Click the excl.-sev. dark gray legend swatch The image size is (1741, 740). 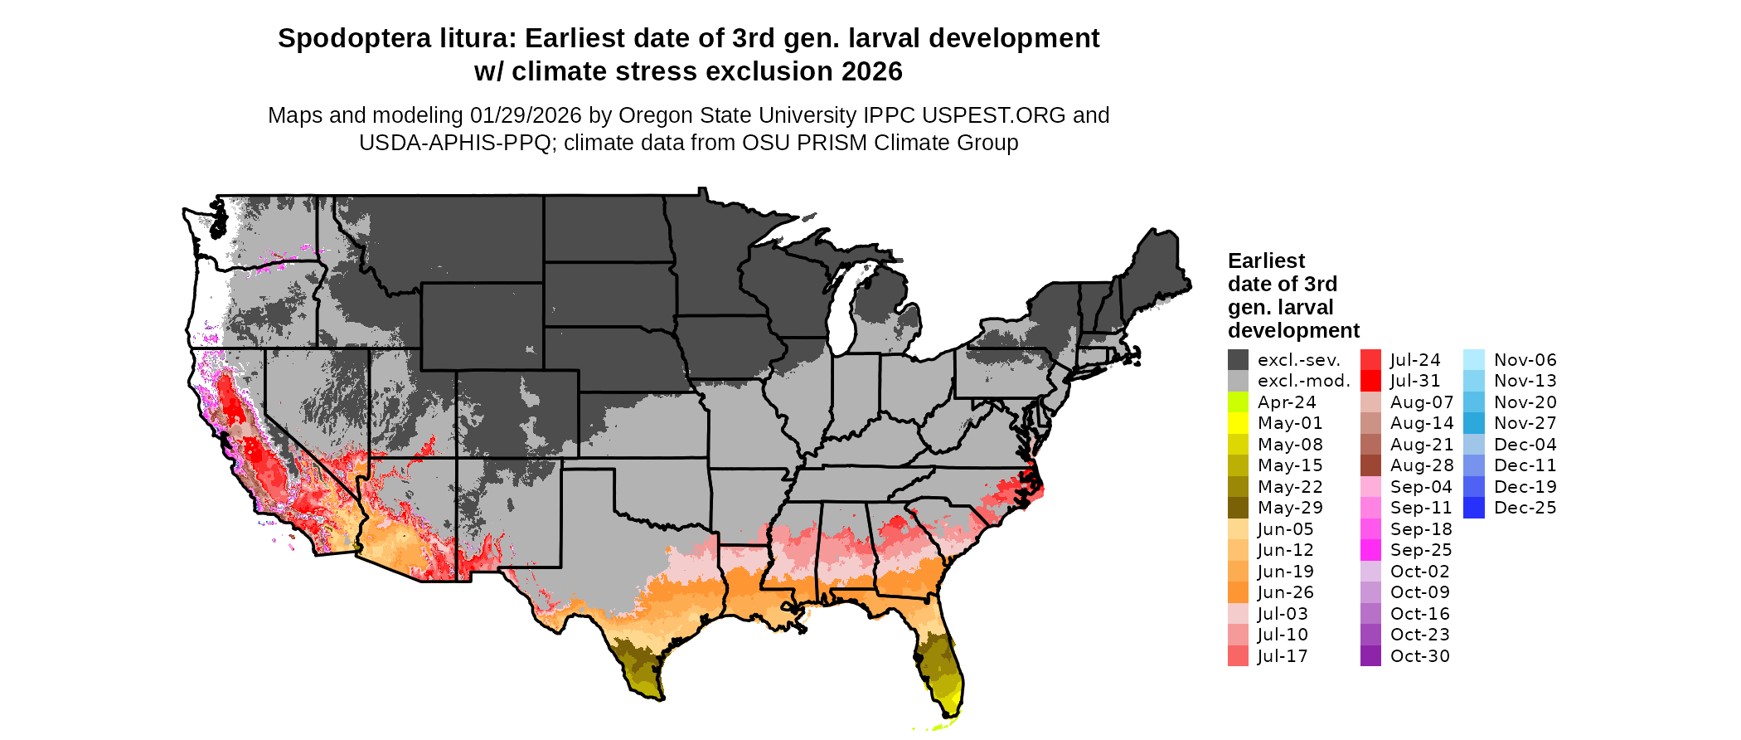tap(1238, 360)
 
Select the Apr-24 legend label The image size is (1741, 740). tap(1287, 402)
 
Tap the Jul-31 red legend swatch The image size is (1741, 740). tap(1370, 381)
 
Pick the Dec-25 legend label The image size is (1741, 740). tap(1525, 508)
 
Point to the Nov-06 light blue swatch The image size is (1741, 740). tap(1474, 360)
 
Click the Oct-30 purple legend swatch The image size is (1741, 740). tap(1370, 656)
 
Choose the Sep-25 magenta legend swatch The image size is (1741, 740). tap(1370, 550)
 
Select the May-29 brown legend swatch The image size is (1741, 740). tap(1238, 508)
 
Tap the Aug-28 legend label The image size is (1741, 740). tap(1421, 465)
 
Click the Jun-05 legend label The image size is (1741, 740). tap(1285, 529)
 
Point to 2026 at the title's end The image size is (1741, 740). tap(871, 71)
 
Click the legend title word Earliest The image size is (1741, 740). tap(1266, 260)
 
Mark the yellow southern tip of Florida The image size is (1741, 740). tap(950, 705)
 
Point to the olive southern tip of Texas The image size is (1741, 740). tap(647, 684)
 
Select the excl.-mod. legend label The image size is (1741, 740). tap(1303, 381)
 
